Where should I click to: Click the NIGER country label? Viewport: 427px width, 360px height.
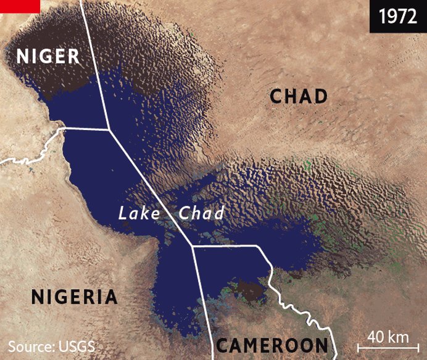tap(48, 56)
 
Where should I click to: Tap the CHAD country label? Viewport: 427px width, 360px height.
tap(299, 96)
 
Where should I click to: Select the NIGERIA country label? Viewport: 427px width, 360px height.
tap(74, 297)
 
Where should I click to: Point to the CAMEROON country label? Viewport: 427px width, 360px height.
tap(272, 345)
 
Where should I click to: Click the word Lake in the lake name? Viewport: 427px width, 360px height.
tap(139, 214)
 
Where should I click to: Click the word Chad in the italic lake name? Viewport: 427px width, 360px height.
tap(201, 214)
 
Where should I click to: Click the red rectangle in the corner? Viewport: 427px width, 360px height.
tap(20, 6)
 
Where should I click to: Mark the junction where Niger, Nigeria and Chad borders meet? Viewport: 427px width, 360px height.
tap(109, 129)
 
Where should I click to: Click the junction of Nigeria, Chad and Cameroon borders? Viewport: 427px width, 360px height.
tap(192, 247)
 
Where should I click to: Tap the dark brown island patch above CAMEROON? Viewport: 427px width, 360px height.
tap(250, 290)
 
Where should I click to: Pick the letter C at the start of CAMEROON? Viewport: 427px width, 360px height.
tap(223, 345)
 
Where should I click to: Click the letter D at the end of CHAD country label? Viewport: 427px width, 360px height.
tap(320, 96)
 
